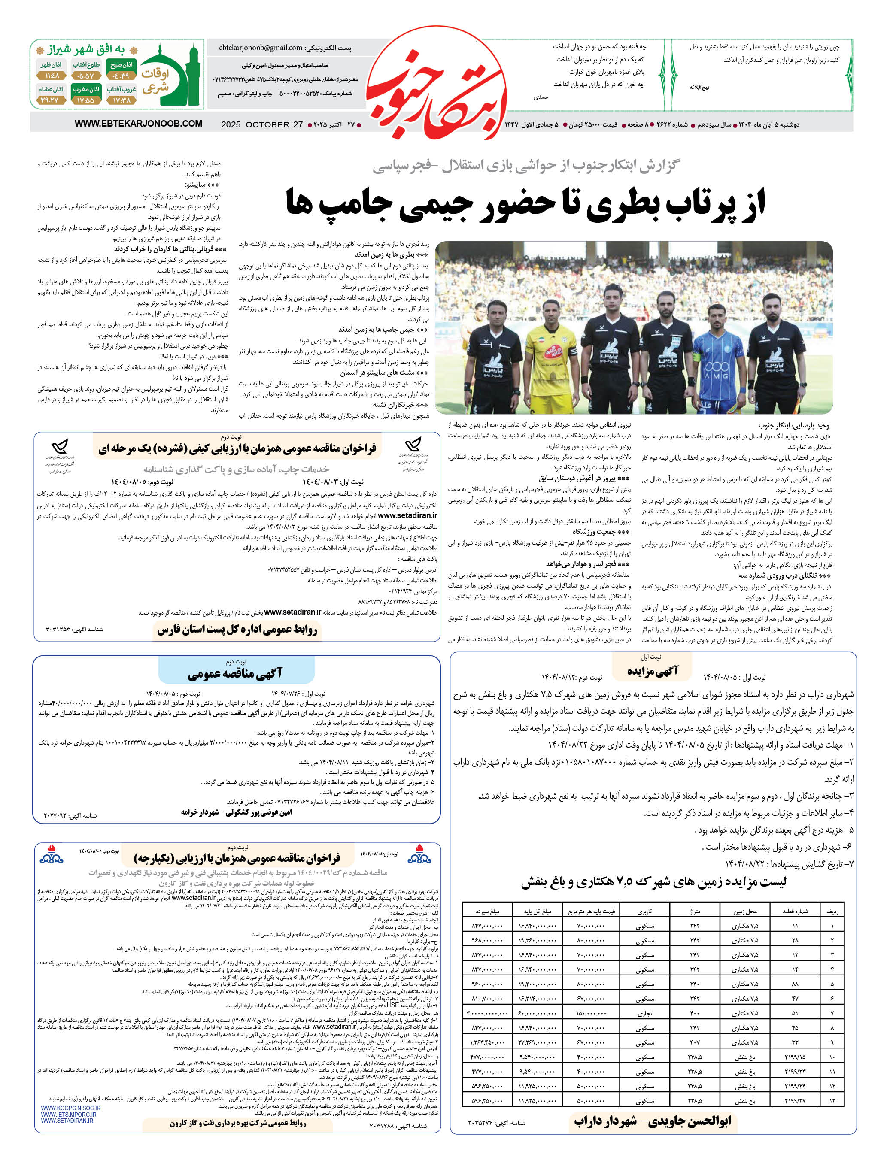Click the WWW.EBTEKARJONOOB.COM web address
tap(138, 123)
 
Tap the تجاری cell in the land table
tap(645, 1013)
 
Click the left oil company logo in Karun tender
tap(51, 854)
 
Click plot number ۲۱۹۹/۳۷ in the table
tap(795, 1101)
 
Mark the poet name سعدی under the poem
tap(541, 97)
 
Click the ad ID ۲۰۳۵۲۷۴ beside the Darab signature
tap(496, 1122)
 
